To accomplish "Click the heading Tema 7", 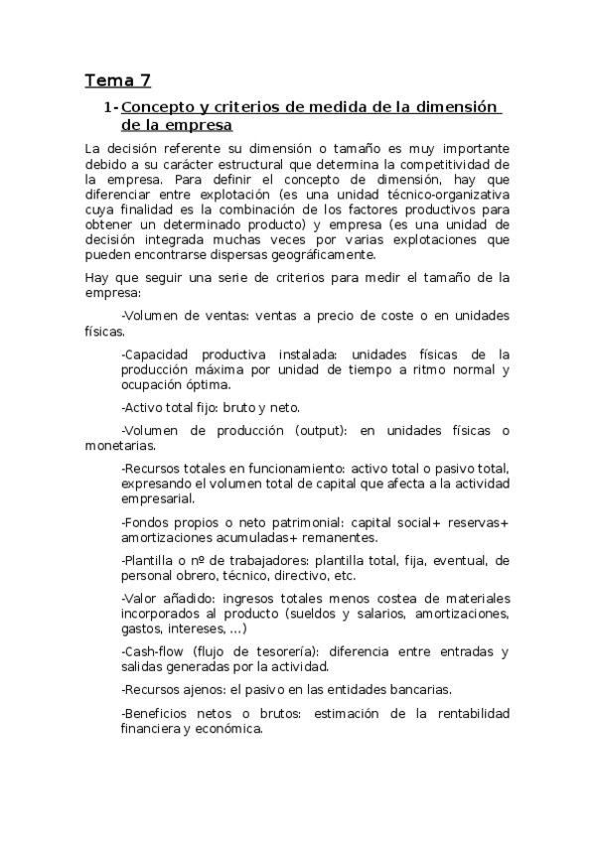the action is (117, 80).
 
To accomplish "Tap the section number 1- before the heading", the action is (110, 107).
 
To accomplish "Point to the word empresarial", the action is (159, 498).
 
